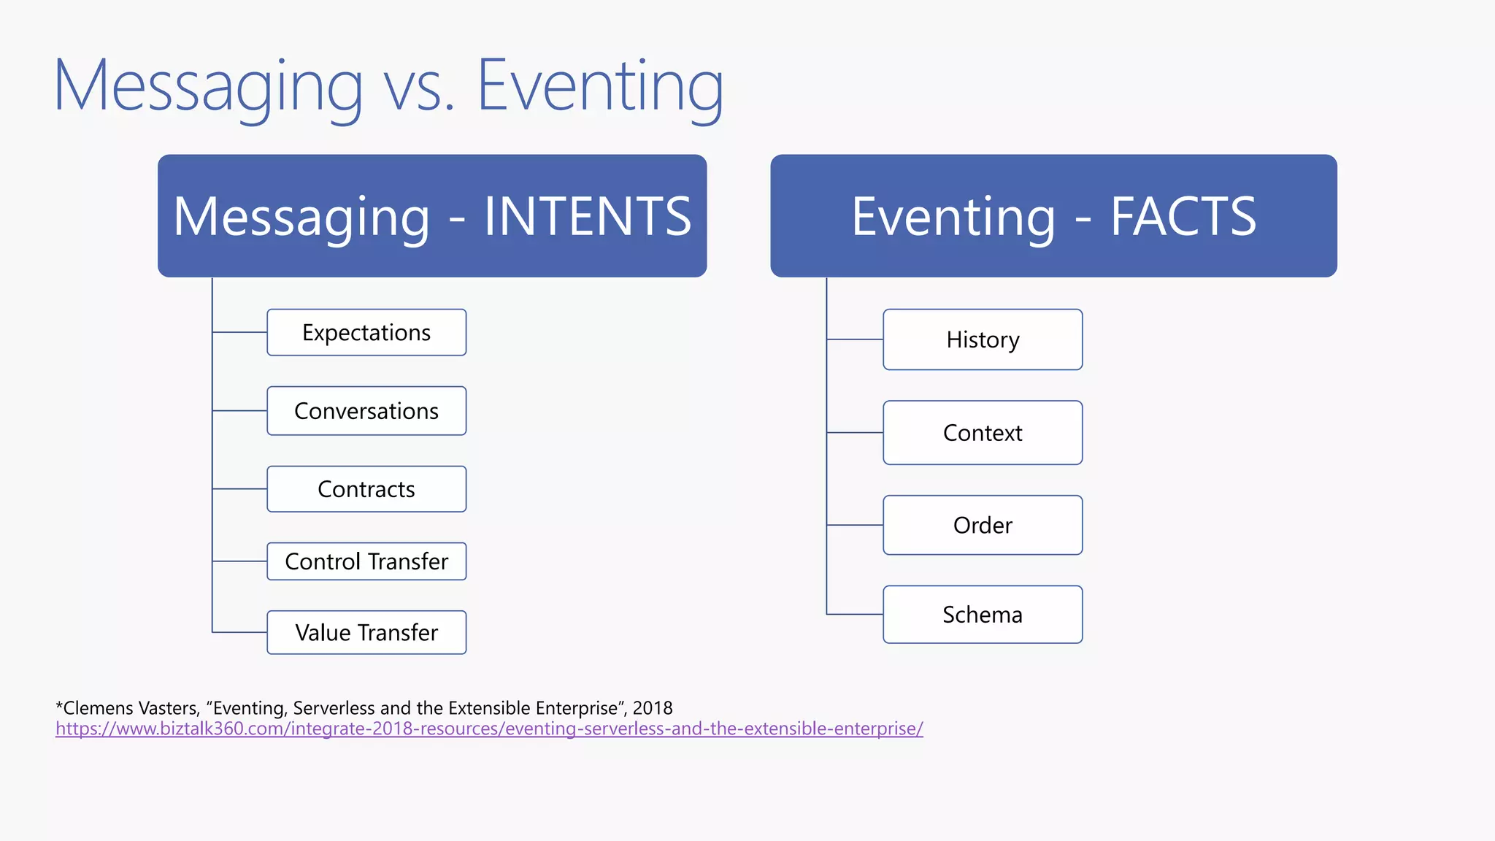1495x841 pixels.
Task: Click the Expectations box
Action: pos(366,333)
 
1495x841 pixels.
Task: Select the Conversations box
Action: pos(366,411)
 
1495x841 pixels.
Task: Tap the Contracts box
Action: pos(366,489)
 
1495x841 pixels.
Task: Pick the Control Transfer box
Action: pos(366,561)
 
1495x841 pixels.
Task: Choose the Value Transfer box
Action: pos(366,632)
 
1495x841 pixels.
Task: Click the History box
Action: pos(983,339)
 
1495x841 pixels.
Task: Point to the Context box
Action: pos(983,433)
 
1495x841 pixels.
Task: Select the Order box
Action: pos(983,525)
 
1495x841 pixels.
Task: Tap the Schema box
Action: pos(983,615)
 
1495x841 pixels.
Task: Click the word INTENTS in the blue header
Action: pos(588,217)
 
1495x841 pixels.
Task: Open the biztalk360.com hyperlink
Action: pos(489,729)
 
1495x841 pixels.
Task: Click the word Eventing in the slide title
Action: pos(600,86)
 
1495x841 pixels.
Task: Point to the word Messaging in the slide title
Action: pos(208,86)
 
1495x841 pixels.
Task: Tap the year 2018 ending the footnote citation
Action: pos(653,708)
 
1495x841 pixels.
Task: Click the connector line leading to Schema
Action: pos(855,615)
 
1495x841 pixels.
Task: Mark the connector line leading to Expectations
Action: pos(239,332)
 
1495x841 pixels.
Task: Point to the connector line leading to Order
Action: pos(855,525)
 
